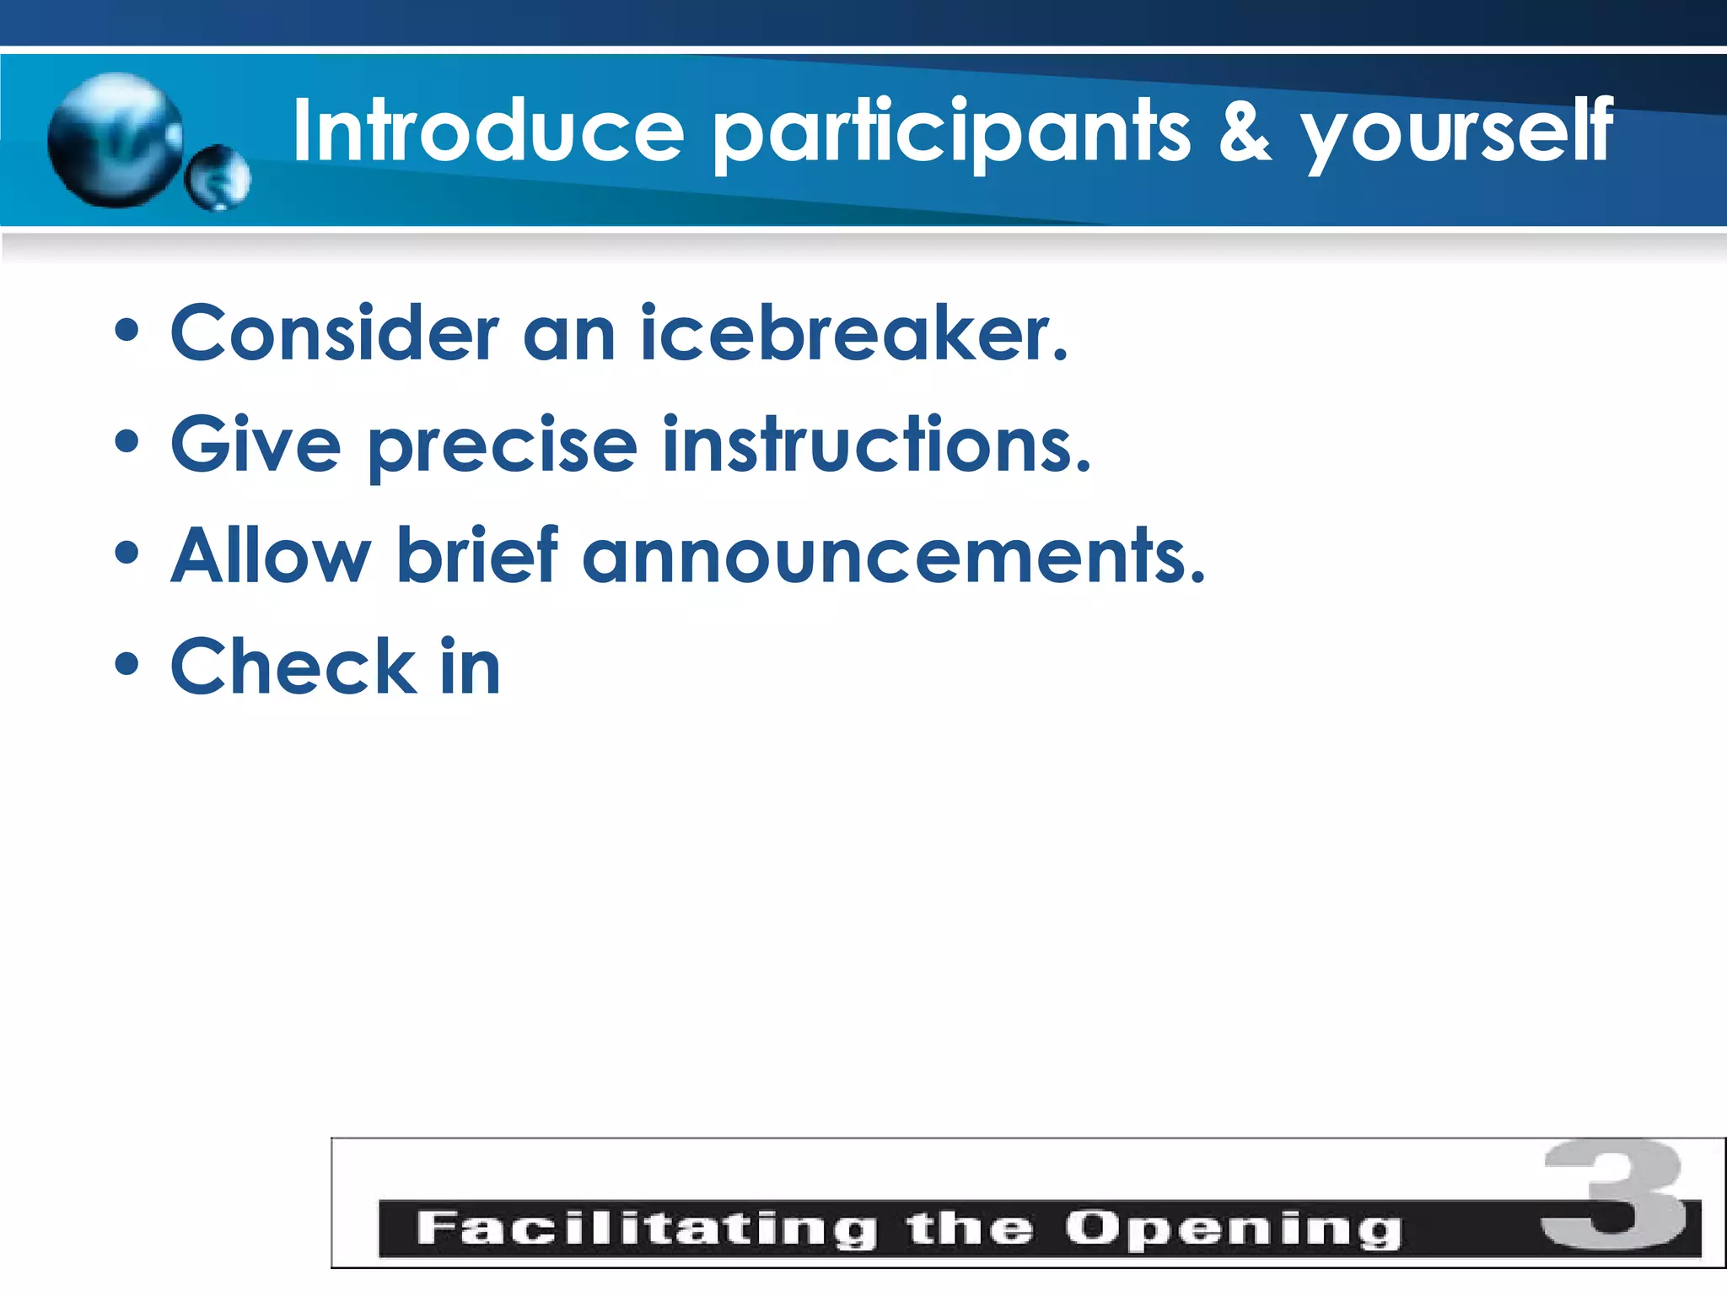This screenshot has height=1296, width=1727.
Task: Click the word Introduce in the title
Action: tap(487, 131)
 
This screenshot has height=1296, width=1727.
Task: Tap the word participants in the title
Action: tap(951, 133)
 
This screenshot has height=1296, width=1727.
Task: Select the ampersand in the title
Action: tap(1244, 131)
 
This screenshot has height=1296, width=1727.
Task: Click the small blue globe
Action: tap(218, 178)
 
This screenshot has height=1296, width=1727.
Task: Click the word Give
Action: tap(256, 445)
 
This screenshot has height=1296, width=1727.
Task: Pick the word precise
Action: tap(503, 448)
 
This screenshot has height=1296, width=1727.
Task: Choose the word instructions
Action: tap(876, 445)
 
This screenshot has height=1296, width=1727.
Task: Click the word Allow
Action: tap(271, 556)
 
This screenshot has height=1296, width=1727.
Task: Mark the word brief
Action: tap(477, 556)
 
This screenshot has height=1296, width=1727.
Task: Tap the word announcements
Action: tap(894, 556)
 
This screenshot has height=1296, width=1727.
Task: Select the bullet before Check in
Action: tap(126, 664)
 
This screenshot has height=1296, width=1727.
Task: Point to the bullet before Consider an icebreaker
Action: tap(126, 332)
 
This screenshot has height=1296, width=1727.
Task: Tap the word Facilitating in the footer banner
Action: tap(646, 1228)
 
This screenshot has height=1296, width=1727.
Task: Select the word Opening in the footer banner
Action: tap(1232, 1230)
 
